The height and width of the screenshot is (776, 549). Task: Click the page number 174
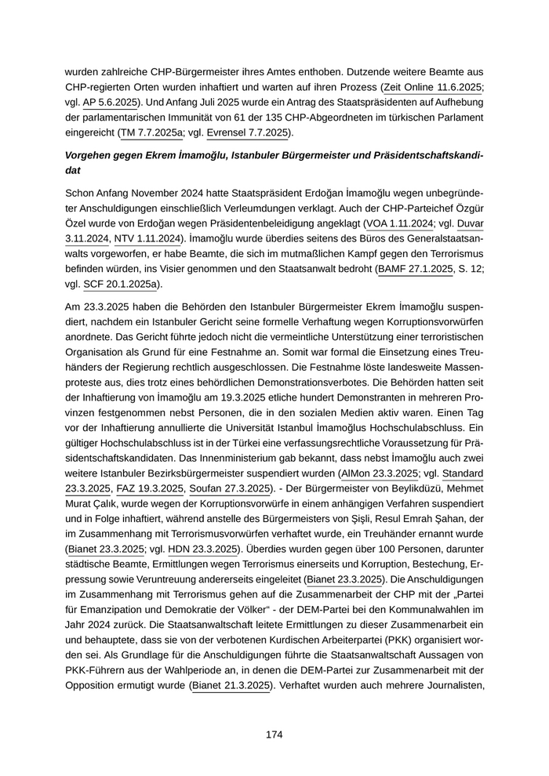tap(274, 734)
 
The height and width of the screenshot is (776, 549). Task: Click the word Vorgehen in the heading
tap(89, 155)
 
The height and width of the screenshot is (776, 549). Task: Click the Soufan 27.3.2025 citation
tap(227, 489)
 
